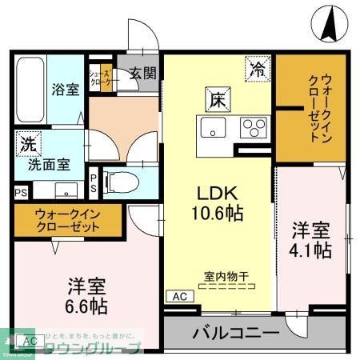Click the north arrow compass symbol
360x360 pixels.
tap(329, 24)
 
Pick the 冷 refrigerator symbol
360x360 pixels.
tap(257, 69)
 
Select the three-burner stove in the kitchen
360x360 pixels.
tap(255, 126)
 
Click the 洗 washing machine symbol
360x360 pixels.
tap(27, 146)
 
